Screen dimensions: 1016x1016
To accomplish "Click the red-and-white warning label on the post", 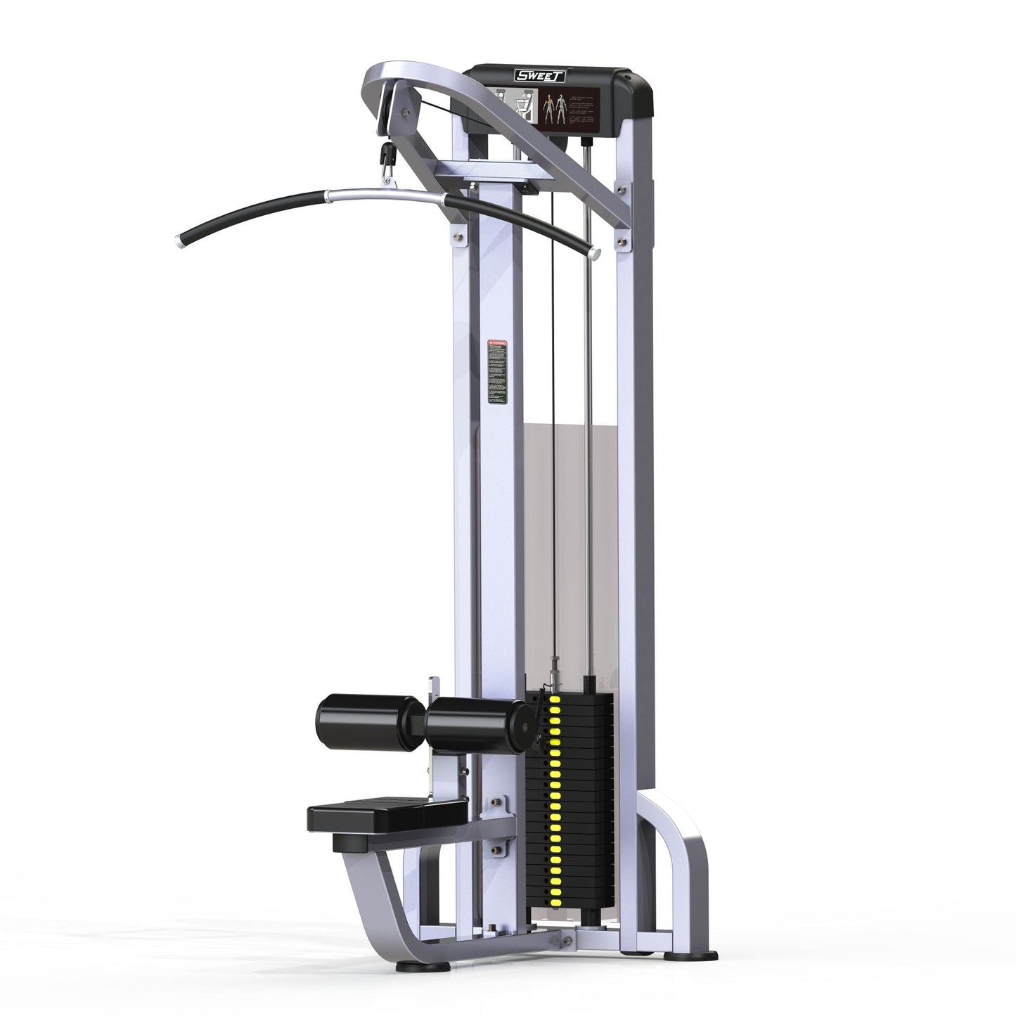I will [497, 373].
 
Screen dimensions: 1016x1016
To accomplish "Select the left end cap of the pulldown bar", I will [177, 241].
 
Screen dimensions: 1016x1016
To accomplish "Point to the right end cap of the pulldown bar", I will [595, 252].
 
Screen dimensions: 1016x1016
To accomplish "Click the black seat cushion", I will [387, 814].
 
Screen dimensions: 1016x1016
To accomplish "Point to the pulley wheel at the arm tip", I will [386, 112].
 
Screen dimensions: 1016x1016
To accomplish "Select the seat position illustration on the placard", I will [520, 105].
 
